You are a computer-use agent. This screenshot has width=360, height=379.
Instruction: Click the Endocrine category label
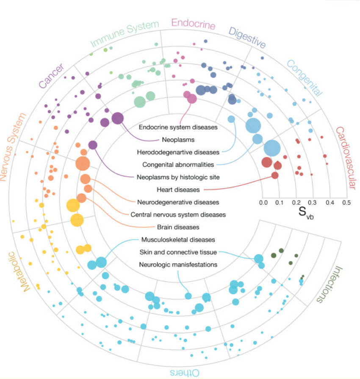pos(193,25)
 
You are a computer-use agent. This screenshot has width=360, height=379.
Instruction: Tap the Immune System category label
pos(125,33)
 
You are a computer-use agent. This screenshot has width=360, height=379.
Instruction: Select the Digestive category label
pos(247,38)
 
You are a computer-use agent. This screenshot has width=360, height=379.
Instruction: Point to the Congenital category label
pos(305,78)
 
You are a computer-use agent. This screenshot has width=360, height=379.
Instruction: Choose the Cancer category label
pos(51,76)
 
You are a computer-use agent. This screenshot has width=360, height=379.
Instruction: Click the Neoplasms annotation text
pos(178,139)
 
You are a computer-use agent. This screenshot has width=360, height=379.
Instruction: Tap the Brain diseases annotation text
pos(178,227)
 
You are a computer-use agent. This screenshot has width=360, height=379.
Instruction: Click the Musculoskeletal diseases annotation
pos(175,240)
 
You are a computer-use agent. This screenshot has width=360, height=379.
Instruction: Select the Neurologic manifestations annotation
pos(178,265)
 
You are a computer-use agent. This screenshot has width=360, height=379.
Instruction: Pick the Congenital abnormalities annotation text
pos(178,165)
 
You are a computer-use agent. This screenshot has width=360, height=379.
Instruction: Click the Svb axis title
pos(306,211)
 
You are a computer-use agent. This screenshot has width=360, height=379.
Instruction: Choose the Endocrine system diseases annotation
pos(178,126)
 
